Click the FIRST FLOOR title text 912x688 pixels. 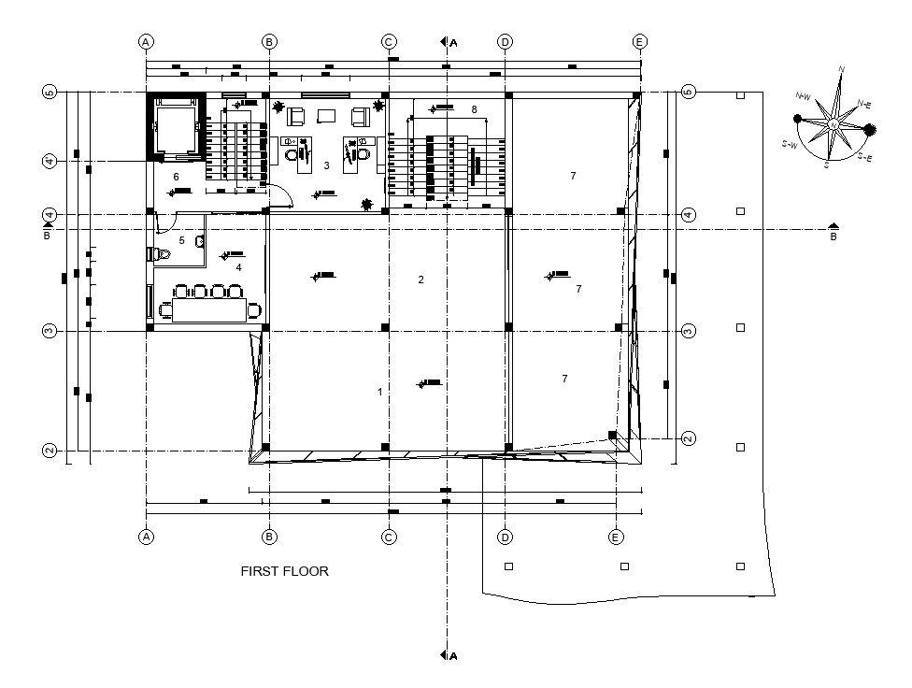click(284, 571)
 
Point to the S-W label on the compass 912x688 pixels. click(790, 145)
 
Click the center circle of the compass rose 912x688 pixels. click(832, 124)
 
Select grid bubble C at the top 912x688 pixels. click(389, 41)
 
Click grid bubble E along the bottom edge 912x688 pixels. click(616, 537)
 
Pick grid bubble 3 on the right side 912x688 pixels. click(689, 331)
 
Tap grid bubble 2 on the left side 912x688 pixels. click(50, 451)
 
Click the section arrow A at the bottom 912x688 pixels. click(449, 656)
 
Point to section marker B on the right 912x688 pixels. click(834, 230)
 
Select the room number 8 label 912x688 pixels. click(474, 110)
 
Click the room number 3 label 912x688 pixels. click(326, 165)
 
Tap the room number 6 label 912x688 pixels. click(176, 177)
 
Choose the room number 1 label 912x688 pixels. click(379, 392)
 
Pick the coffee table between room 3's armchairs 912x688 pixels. click(326, 116)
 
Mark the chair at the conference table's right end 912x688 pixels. click(254, 309)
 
